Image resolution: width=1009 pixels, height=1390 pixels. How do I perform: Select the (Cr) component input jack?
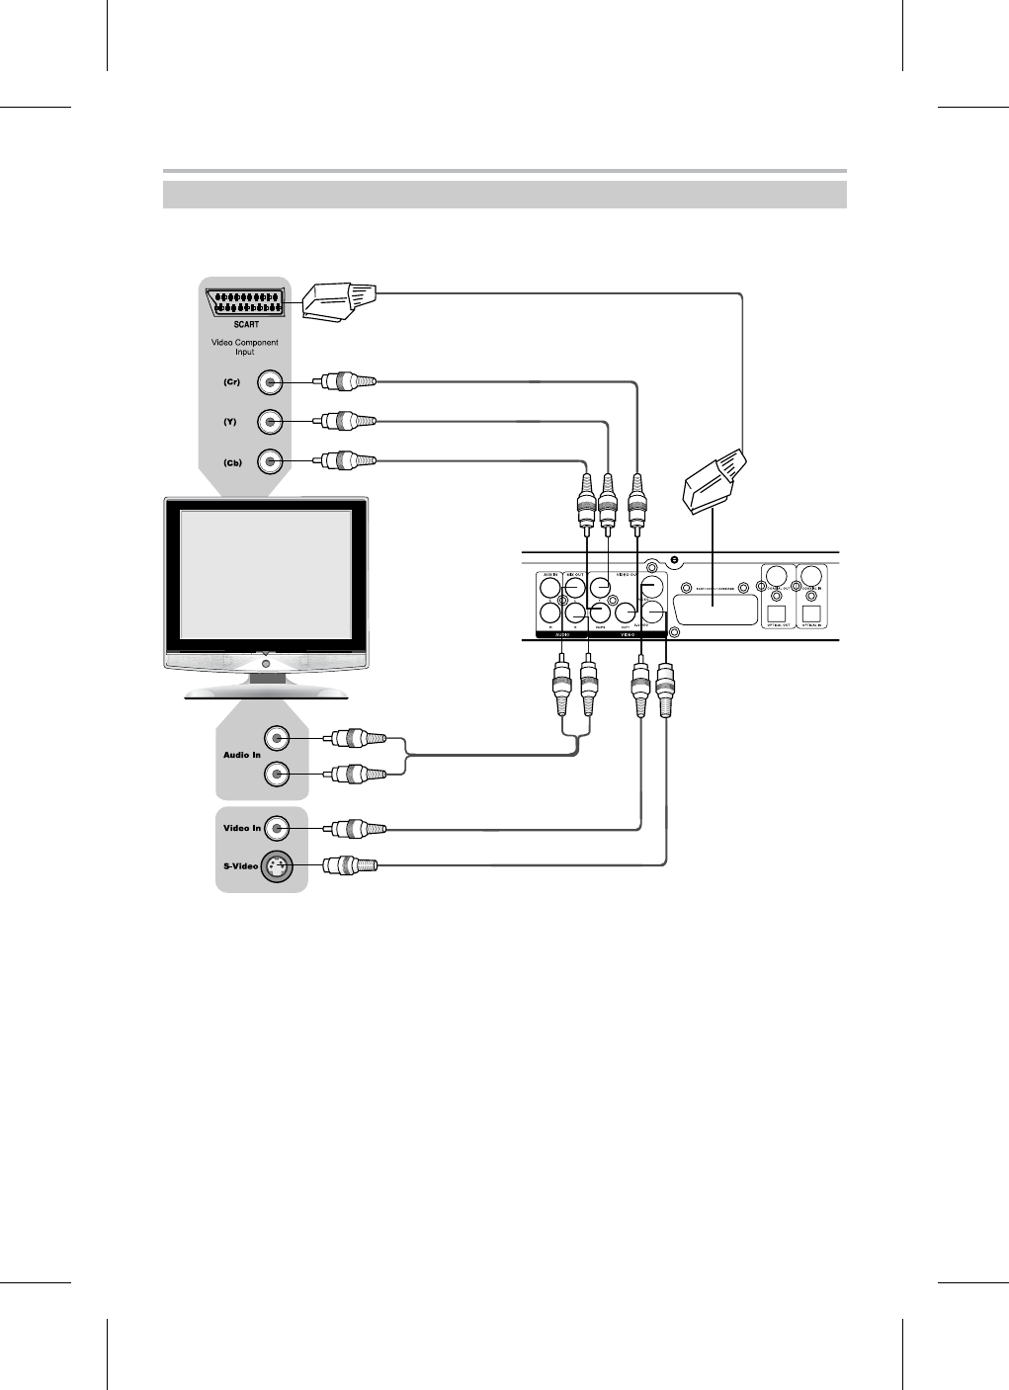pyautogui.click(x=271, y=382)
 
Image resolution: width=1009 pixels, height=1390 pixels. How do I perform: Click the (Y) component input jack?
pyautogui.click(x=271, y=422)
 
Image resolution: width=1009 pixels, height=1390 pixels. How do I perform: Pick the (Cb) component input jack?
pyautogui.click(x=271, y=461)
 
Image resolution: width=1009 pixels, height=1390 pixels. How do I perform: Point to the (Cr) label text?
pyautogui.click(x=230, y=382)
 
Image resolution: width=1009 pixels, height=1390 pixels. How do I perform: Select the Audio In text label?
pyautogui.click(x=241, y=755)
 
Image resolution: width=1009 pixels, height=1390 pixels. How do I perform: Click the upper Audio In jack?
pyautogui.click(x=278, y=738)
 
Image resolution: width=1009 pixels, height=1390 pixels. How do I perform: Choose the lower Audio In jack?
pyautogui.click(x=278, y=774)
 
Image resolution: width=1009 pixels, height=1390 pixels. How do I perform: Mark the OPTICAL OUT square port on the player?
pyautogui.click(x=776, y=613)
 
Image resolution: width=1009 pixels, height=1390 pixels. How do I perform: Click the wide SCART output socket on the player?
pyautogui.click(x=715, y=609)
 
